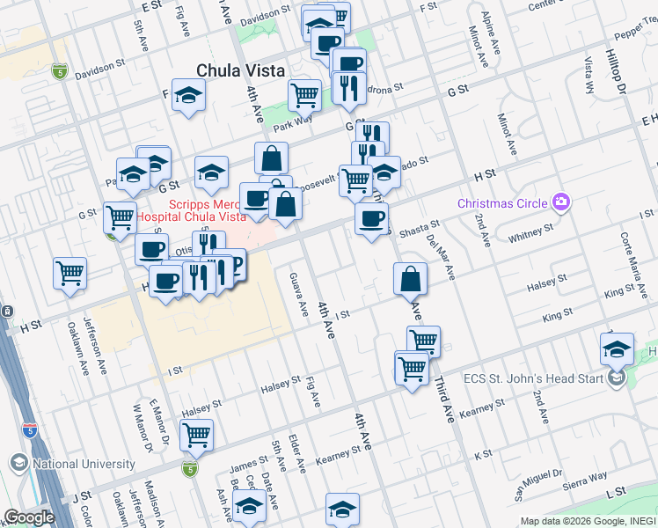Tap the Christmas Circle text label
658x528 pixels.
(501, 203)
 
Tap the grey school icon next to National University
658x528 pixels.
(18, 463)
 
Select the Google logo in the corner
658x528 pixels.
(29, 517)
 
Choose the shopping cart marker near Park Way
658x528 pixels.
(304, 94)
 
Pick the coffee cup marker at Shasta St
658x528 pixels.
(372, 217)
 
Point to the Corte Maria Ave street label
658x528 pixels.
(626, 255)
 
